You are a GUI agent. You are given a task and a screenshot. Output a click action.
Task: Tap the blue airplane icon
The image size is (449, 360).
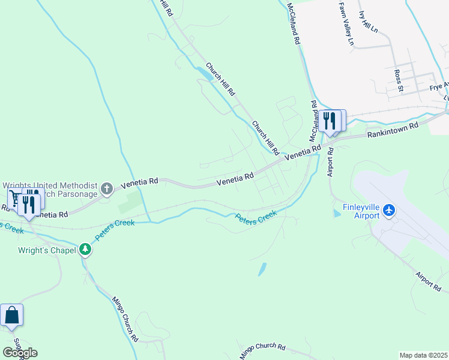pos(388,210)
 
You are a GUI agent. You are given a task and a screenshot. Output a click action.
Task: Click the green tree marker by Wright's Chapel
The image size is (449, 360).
pos(85,249)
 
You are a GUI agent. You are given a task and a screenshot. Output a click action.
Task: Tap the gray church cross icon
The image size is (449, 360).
pos(107,190)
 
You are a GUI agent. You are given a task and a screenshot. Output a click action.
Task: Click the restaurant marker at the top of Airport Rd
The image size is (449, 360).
pos(330,121)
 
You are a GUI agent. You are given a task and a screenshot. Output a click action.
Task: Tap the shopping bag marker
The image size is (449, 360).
pos(11,316)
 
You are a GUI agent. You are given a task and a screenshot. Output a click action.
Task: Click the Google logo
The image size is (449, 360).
pos(20,353)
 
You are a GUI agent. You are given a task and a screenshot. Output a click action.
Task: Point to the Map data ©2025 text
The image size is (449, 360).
pos(423,355)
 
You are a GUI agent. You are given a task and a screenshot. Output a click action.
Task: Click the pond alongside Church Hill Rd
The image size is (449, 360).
pos(204,74)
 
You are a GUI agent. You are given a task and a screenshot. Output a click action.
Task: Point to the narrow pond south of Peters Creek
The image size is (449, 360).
pos(262,269)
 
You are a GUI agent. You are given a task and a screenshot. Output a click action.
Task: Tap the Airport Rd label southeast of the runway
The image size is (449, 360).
pos(429,281)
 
